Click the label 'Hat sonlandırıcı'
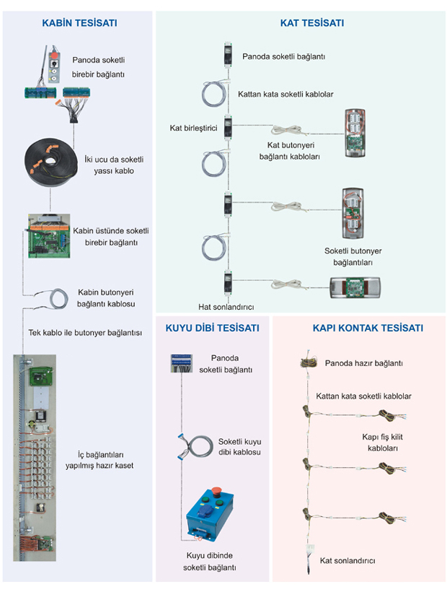226,306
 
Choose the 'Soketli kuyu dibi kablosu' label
239,447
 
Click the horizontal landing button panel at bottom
355,287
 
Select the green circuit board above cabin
48,235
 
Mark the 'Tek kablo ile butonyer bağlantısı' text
79,333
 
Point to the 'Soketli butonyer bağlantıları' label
353,256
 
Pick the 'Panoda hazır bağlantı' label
363,364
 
